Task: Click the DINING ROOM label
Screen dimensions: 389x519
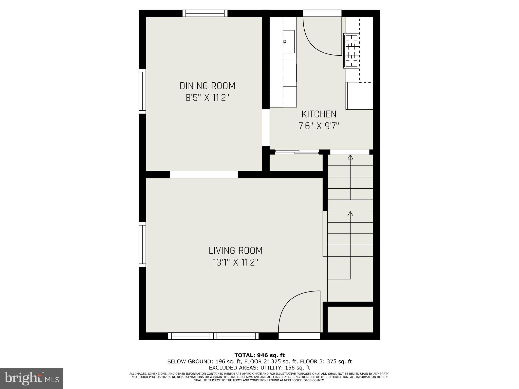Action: pos(207,86)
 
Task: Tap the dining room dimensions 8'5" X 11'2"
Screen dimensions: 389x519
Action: pos(207,98)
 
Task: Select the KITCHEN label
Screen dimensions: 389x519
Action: pos(319,114)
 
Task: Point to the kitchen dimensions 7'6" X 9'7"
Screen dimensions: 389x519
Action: pos(319,126)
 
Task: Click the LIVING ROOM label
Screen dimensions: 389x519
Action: pos(235,251)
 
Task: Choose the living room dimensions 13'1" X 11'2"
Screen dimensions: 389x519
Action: pos(235,262)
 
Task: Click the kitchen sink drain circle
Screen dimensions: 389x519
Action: pos(284,42)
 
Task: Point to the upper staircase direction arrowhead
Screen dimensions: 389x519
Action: pos(350,157)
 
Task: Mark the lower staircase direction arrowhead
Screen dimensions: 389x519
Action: pos(350,214)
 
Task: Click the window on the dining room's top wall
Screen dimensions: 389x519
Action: pos(205,13)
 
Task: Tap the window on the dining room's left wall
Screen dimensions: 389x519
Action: pos(142,91)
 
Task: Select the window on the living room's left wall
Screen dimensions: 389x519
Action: pos(142,244)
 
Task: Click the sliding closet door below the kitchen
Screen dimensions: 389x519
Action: pos(297,152)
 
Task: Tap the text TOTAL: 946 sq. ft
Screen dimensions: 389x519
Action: pos(259,355)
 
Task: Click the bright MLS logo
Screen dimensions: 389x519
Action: pos(31,378)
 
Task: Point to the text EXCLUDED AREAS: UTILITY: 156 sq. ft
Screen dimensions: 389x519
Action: pos(259,367)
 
